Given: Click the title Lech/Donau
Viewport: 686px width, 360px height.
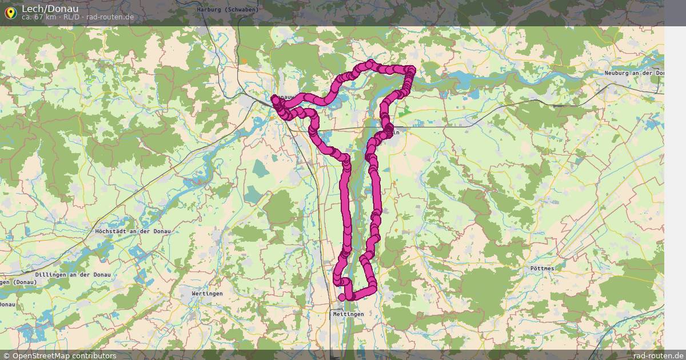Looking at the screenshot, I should click(50, 8).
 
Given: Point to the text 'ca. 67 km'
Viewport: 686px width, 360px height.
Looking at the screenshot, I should click(39, 17).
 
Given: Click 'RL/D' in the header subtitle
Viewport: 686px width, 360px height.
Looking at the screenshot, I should click(71, 17).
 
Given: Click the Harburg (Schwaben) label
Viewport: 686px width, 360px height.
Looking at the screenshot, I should click(228, 10).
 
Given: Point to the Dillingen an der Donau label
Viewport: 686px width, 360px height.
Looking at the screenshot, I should click(73, 275).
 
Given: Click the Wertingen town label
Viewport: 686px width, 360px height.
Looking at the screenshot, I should click(207, 293).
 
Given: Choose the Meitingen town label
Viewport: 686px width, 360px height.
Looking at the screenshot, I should click(348, 314).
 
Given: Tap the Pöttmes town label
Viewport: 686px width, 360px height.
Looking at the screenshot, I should click(542, 267).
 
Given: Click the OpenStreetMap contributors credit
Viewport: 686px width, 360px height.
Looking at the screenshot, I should click(63, 355).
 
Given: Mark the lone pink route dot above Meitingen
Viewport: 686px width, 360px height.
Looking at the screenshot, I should click(342, 297).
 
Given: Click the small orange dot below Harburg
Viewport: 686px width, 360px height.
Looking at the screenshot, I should click(244, 61).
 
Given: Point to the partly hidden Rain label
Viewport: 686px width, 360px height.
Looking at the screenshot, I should click(394, 133).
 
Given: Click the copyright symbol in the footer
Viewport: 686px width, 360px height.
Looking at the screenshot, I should click(6, 355).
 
